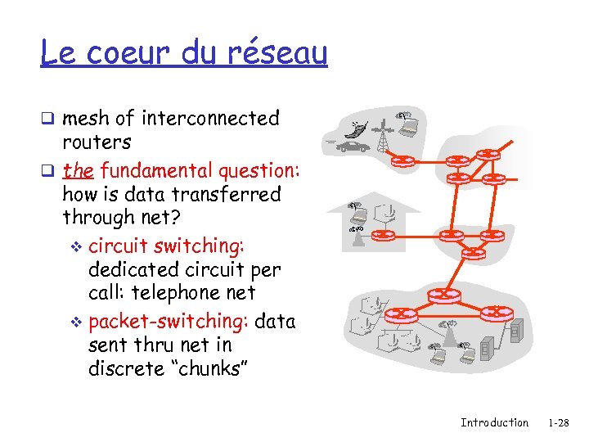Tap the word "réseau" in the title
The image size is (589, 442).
pyautogui.click(x=279, y=53)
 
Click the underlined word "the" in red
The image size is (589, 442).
pyautogui.click(x=78, y=170)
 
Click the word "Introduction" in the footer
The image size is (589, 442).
pyautogui.click(x=494, y=422)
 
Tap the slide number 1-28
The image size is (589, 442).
pyautogui.click(x=559, y=422)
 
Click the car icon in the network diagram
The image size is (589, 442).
pyautogui.click(x=353, y=147)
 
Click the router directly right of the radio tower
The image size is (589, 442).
pyautogui.click(x=403, y=160)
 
